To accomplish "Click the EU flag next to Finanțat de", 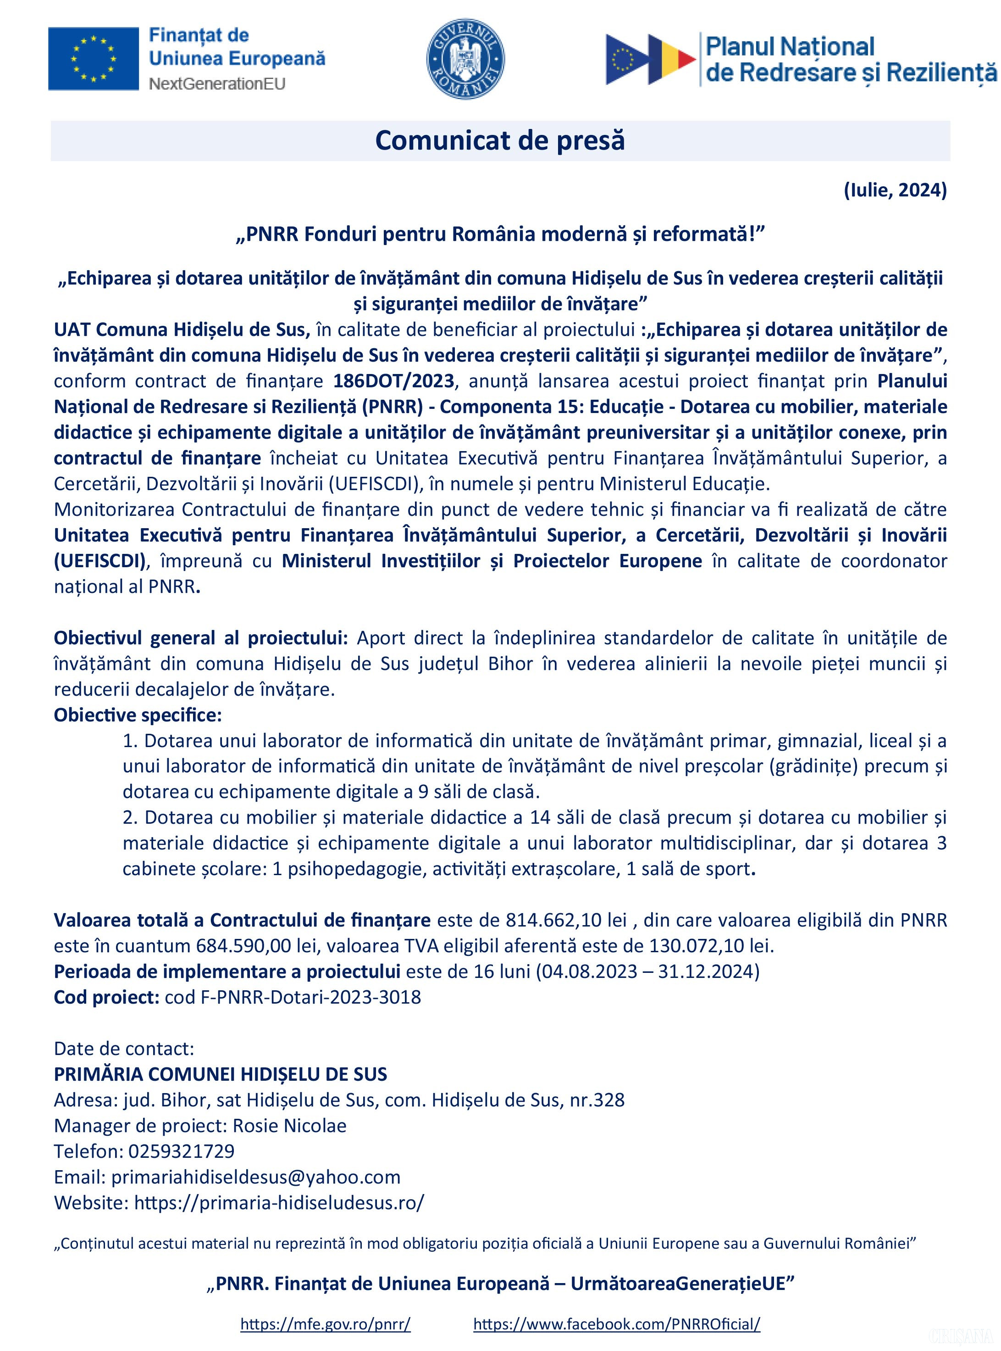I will (94, 58).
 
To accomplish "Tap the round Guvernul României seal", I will (465, 59).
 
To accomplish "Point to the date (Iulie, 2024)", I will (895, 190).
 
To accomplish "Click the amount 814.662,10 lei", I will (566, 920).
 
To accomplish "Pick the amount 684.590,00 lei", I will (253, 945).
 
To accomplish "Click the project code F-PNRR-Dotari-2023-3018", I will (310, 997).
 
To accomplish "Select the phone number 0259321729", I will (181, 1151).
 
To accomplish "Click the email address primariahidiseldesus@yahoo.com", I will (256, 1177).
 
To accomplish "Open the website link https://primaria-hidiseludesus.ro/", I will (279, 1202).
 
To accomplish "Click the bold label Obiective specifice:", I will (138, 715).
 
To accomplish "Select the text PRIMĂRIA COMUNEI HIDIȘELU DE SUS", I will (221, 1074).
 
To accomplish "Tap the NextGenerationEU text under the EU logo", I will (217, 83).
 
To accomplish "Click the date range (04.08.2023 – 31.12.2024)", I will (647, 971).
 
